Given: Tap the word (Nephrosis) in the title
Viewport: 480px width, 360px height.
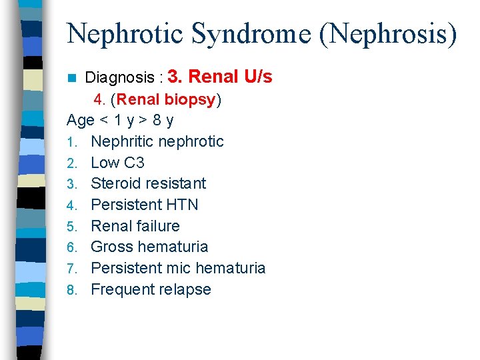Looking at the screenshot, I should coord(389,33).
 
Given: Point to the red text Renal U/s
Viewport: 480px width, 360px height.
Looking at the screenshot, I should coord(231,77).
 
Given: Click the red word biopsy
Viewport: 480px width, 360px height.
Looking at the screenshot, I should coord(194,100).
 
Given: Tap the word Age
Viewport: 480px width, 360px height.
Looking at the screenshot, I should coord(81,121).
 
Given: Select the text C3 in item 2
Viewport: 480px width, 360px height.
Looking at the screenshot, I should coord(135,163).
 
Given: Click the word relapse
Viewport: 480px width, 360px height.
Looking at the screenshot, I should coord(184,289).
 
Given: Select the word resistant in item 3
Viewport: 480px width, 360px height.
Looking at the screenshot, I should coord(176,183).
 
